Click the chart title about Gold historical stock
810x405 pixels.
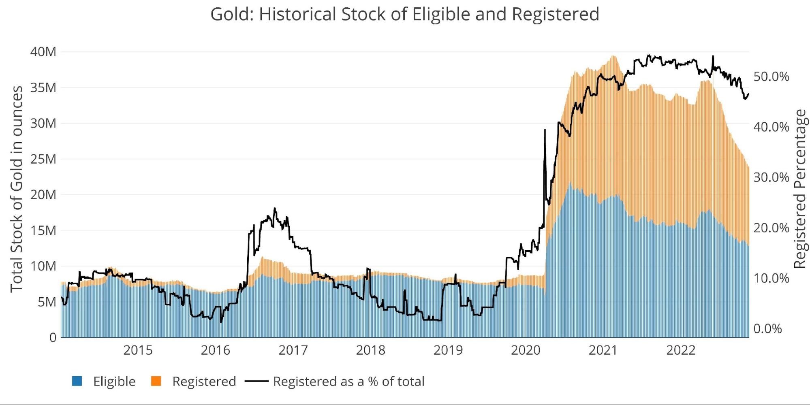[404, 14]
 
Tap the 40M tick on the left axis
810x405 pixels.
[43, 52]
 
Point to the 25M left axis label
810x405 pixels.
[43, 159]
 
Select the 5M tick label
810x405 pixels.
[47, 302]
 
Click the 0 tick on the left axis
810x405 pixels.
[53, 337]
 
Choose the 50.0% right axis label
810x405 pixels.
[771, 77]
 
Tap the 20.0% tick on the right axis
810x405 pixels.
[771, 228]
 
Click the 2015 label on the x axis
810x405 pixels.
[138, 350]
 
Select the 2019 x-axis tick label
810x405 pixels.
[448, 350]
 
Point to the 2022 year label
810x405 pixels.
[681, 350]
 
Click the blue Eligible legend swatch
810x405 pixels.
[77, 381]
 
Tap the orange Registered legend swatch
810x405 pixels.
[156, 381]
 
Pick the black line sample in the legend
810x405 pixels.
[256, 381]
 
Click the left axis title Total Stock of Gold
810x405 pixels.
[16, 189]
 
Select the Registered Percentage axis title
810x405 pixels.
[800, 189]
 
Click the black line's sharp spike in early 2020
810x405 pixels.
[545, 130]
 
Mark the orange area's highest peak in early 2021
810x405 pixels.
[613, 56]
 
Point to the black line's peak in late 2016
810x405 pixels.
[275, 209]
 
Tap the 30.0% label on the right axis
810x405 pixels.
[771, 177]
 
